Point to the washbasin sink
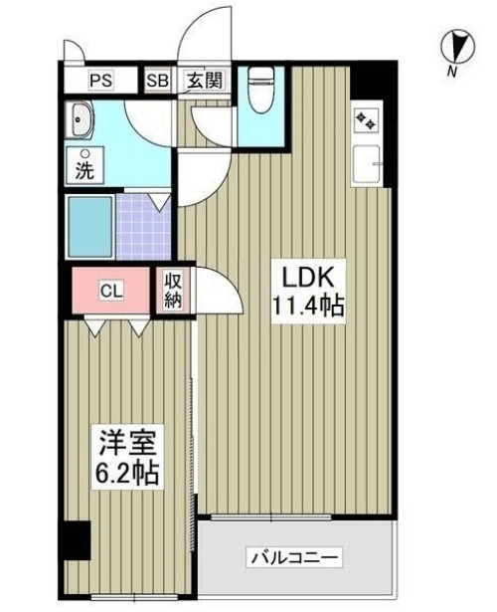[81, 121]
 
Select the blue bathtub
[89, 227]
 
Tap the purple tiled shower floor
[144, 227]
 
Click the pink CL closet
[110, 291]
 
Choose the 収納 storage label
[173, 292]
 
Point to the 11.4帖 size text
[308, 306]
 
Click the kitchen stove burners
[364, 120]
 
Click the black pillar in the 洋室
[75, 541]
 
